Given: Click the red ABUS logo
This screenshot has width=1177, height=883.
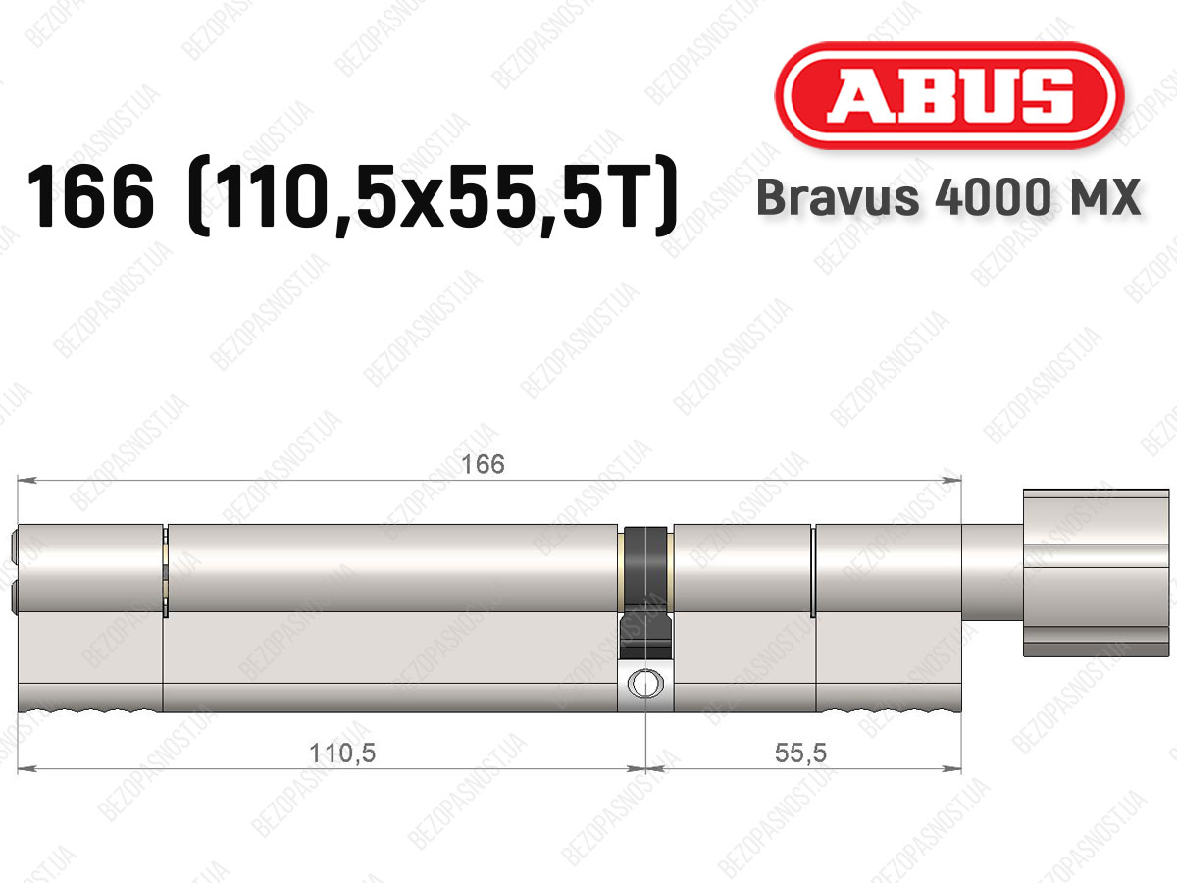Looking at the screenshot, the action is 949,95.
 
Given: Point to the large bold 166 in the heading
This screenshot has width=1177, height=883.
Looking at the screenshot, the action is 90,197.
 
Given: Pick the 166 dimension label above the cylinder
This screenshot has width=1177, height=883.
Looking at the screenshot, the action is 483,464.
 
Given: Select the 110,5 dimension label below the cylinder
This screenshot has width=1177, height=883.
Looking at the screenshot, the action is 342,753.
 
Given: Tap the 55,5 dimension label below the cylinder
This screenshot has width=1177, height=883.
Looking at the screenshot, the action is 800,753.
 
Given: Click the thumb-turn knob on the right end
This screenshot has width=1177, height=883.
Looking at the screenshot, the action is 1096,573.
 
